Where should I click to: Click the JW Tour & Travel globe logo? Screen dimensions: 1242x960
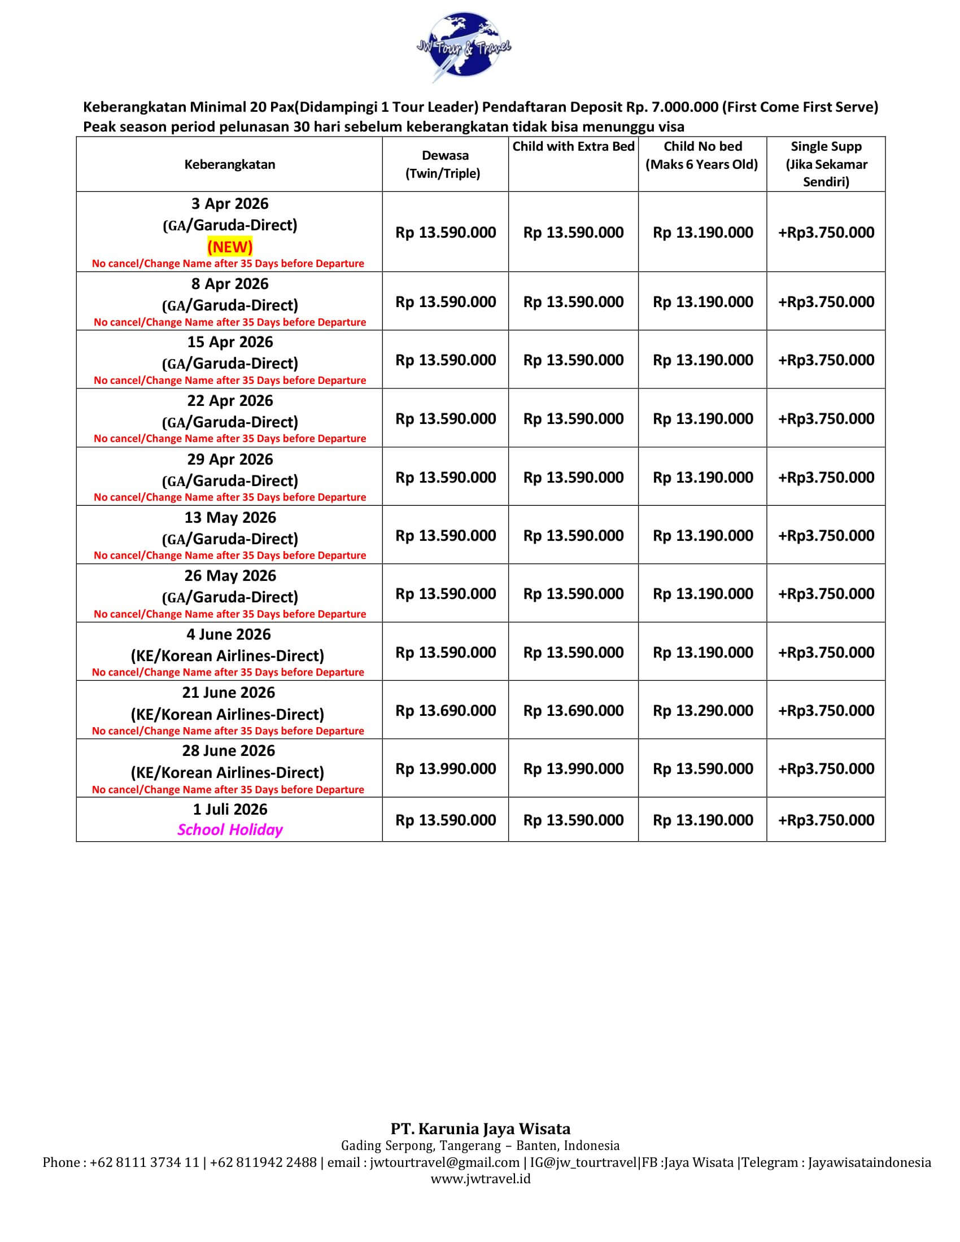tap(463, 47)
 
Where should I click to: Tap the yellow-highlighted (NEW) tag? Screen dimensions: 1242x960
tap(230, 247)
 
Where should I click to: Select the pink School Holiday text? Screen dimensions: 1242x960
tap(230, 830)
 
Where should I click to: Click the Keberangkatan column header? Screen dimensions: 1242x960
tap(230, 164)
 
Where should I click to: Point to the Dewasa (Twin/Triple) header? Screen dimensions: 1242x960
tap(445, 164)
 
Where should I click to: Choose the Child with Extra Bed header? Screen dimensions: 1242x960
tap(573, 147)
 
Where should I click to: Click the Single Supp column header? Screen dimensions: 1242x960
tap(826, 164)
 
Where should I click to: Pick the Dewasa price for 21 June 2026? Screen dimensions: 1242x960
tap(446, 710)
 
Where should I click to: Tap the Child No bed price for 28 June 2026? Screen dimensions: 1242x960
tap(703, 769)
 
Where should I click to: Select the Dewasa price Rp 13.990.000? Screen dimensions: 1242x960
tap(446, 769)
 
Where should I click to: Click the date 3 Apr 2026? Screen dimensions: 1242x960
tap(230, 204)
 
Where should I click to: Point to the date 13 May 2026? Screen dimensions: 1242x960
tap(230, 518)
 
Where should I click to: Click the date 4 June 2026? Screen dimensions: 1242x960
tap(229, 634)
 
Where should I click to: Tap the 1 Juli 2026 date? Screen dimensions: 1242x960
tap(230, 809)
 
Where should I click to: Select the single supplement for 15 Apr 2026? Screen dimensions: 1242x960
tap(826, 360)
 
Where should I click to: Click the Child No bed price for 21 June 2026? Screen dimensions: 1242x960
tap(703, 710)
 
